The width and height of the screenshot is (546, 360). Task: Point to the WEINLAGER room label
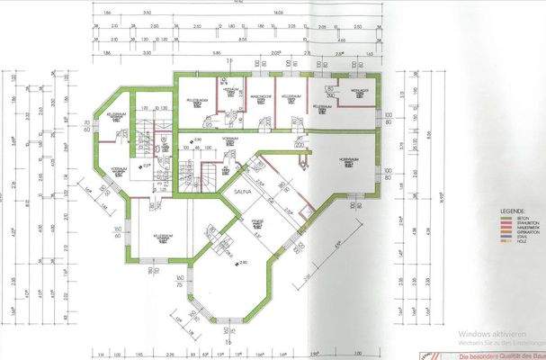coord(356,94)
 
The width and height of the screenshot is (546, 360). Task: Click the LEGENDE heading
coord(514,211)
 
